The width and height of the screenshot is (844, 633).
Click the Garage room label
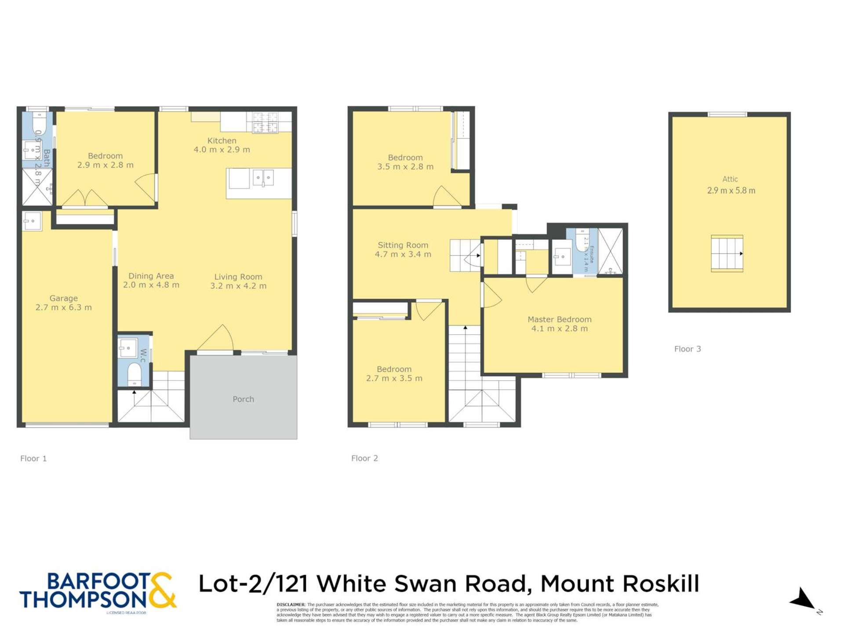click(x=63, y=298)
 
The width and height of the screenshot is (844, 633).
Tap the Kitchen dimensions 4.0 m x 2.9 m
click(x=222, y=150)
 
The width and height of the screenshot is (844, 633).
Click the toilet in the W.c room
click(x=134, y=374)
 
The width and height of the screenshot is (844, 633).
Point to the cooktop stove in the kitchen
click(x=265, y=123)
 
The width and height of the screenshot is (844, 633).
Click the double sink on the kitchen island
click(x=263, y=178)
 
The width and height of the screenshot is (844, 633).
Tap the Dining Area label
click(x=151, y=276)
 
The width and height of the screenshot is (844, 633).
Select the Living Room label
click(x=238, y=277)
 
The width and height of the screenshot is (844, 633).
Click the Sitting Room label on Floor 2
click(x=403, y=245)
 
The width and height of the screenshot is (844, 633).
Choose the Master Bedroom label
click(x=559, y=320)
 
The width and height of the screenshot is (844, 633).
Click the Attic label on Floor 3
click(x=730, y=179)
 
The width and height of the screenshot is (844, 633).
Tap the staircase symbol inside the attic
click(x=727, y=254)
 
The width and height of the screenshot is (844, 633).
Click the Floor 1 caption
click(x=33, y=458)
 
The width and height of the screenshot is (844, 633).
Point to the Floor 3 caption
click(x=688, y=349)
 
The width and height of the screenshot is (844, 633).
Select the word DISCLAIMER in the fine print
click(x=291, y=605)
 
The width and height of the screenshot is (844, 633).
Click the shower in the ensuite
click(x=610, y=251)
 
